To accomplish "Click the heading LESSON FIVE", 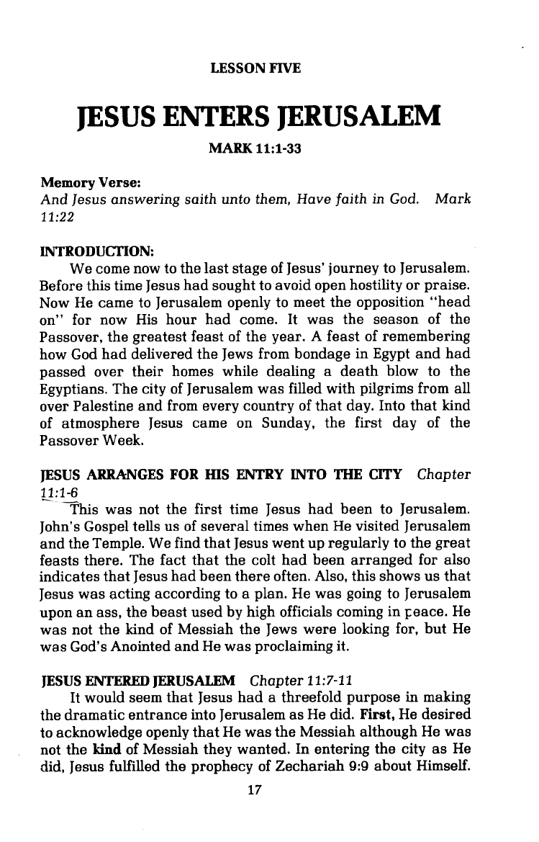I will pyautogui.click(x=254, y=70).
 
